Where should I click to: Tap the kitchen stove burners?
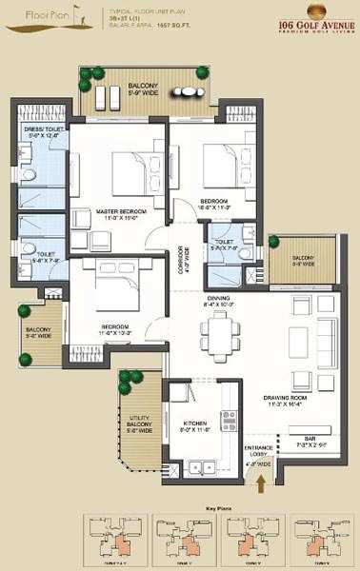click(229, 423)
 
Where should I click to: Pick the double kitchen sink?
click(201, 466)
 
